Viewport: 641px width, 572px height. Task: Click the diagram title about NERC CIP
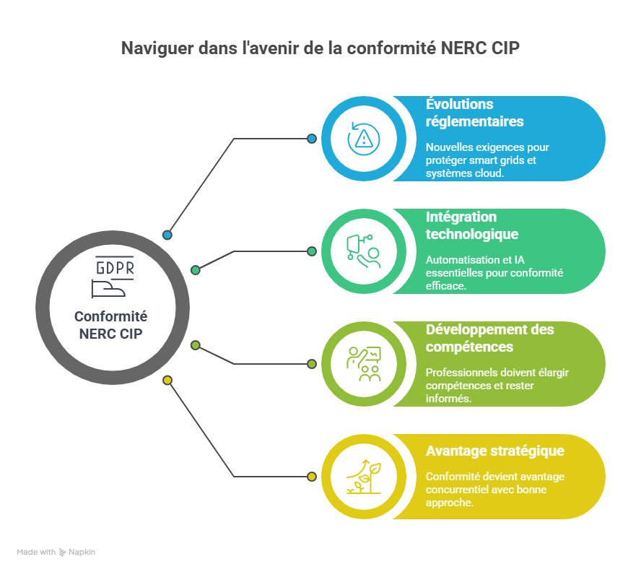click(320, 48)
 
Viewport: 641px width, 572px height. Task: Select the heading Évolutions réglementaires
click(474, 113)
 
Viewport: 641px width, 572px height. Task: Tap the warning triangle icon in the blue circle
click(363, 139)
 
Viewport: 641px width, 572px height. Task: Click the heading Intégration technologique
click(471, 225)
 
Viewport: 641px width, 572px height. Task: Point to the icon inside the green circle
click(363, 251)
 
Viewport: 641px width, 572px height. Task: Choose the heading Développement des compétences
click(489, 338)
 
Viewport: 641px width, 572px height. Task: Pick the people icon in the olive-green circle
click(363, 364)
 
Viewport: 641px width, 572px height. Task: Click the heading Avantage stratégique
click(494, 451)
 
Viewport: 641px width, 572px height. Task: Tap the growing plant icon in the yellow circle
click(363, 477)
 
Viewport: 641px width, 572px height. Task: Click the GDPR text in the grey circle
click(115, 268)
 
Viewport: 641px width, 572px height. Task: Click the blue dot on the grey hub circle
click(167, 235)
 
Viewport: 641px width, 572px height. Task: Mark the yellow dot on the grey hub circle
click(167, 380)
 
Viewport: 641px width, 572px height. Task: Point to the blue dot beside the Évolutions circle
click(312, 139)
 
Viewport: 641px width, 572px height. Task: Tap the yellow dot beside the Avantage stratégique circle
click(312, 477)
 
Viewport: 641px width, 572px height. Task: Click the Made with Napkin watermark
click(56, 552)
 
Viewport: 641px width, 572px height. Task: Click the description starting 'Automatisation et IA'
click(494, 272)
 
